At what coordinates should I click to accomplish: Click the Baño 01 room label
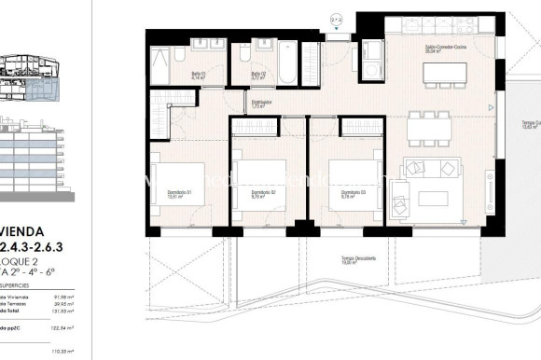coord(199,76)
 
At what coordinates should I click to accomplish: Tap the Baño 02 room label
coord(259,76)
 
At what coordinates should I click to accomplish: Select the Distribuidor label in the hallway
coord(260,105)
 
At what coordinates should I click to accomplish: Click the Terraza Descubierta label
coord(332,261)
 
